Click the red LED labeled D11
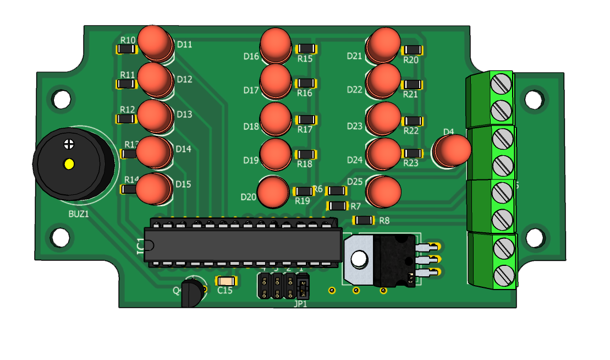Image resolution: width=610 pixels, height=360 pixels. pyautogui.click(x=156, y=42)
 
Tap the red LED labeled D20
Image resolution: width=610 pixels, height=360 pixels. pyautogui.click(x=273, y=192)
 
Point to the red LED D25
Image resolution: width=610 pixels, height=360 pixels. pyautogui.click(x=384, y=190)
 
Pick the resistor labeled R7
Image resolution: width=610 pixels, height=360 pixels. pyautogui.click(x=338, y=206)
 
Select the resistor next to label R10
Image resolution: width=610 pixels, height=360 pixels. pyautogui.click(x=127, y=50)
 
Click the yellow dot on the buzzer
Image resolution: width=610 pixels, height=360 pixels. pyautogui.click(x=69, y=164)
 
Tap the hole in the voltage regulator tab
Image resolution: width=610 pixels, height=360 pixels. pyautogui.click(x=359, y=258)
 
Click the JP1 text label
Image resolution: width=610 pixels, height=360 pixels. pyautogui.click(x=300, y=303)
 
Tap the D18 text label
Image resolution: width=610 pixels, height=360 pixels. pyautogui.click(x=251, y=127)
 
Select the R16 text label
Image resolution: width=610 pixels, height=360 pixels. pyautogui.click(x=305, y=94)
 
